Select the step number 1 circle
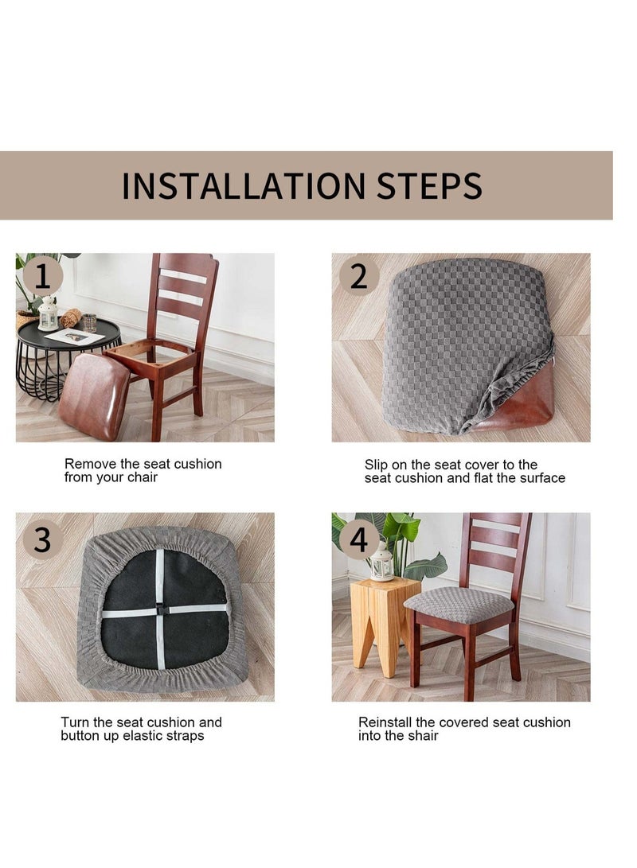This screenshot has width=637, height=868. click(42, 277)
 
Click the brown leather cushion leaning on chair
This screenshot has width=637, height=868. click(93, 395)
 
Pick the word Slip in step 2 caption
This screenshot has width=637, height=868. click(377, 464)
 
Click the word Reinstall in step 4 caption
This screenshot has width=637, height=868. click(385, 722)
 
